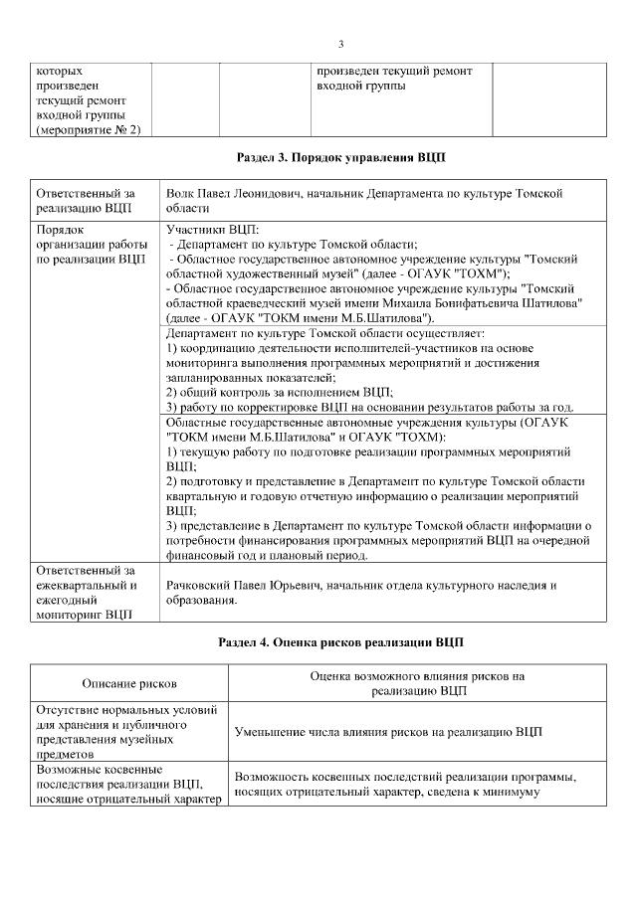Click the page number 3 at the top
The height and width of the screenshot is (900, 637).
click(340, 44)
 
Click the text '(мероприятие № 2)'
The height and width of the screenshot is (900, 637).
click(88, 129)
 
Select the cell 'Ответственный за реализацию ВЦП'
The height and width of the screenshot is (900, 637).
click(85, 201)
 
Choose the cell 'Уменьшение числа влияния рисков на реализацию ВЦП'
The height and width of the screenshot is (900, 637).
click(388, 732)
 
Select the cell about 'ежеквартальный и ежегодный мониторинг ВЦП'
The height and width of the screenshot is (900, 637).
click(85, 593)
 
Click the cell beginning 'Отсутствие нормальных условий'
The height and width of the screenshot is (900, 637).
click(126, 732)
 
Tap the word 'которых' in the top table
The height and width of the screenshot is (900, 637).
click(60, 72)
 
